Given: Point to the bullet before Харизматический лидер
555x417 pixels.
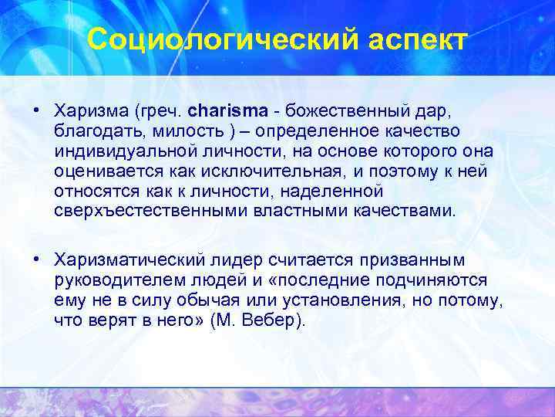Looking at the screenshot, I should point(36,257).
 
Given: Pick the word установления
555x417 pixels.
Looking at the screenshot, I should point(362,299).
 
